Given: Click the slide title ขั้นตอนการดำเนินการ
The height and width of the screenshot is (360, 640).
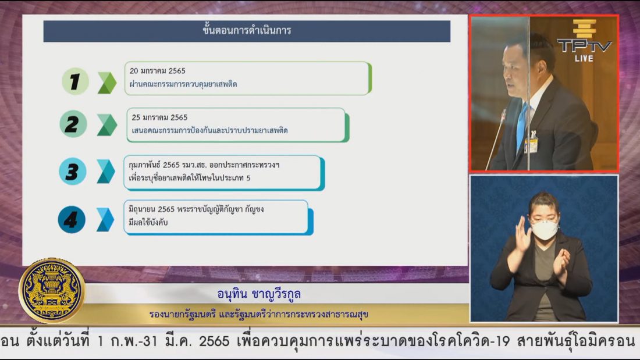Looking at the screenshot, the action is (x=247, y=30).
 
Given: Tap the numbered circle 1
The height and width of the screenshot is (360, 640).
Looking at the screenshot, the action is (x=75, y=81).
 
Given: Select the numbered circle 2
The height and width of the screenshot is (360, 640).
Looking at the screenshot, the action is (x=73, y=124).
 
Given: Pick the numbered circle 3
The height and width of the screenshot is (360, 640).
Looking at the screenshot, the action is (x=72, y=172).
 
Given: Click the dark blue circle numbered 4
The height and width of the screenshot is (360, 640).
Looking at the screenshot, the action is (x=72, y=220).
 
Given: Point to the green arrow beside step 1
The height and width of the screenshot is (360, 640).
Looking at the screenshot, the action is (x=107, y=83).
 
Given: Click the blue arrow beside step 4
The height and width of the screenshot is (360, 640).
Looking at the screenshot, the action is (x=105, y=220).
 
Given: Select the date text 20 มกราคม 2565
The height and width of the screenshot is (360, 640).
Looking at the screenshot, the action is (x=158, y=71).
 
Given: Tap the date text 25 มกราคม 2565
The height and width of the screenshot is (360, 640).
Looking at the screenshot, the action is (x=159, y=117).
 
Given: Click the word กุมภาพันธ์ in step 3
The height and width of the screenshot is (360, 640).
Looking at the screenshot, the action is (x=144, y=165).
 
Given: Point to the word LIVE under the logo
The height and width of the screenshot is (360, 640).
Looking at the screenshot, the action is (x=584, y=58).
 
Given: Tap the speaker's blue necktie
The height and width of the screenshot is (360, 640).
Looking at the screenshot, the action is (x=522, y=126).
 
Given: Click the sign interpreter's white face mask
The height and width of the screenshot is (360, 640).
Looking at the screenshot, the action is (x=544, y=230).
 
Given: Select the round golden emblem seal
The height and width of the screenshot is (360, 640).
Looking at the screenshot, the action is (x=52, y=290).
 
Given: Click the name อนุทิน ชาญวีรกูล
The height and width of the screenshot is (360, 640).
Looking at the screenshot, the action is (x=259, y=294).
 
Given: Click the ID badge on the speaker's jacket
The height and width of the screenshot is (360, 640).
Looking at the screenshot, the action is (x=531, y=144).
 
